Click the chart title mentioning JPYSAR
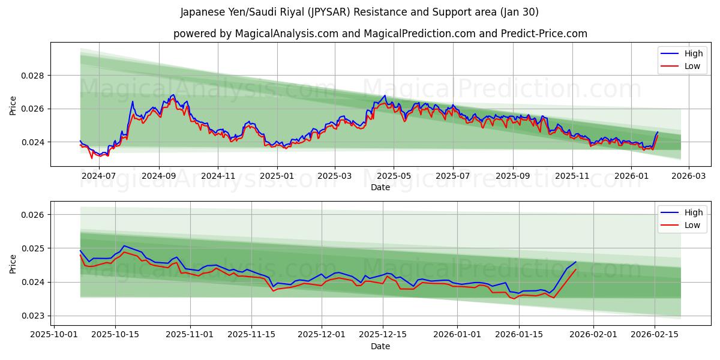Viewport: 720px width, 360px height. tap(359, 12)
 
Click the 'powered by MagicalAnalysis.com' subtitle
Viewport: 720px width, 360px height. tap(380, 34)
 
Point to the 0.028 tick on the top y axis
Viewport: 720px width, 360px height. tap(34, 76)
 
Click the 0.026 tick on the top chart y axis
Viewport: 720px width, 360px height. tap(34, 109)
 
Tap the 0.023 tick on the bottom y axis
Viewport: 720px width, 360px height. tap(34, 316)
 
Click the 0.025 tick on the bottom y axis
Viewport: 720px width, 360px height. tap(34, 248)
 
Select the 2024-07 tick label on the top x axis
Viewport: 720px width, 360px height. tap(98, 176)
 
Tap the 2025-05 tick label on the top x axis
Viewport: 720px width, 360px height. tap(394, 176)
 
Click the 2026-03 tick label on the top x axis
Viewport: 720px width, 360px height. tap(688, 176)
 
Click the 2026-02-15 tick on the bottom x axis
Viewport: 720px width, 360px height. tap(655, 335)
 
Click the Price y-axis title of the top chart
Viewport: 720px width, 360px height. tap(13, 105)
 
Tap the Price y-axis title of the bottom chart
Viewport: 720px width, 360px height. tap(13, 263)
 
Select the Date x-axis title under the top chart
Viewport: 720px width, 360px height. tap(380, 187)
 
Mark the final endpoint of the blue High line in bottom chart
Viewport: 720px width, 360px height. tap(576, 262)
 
